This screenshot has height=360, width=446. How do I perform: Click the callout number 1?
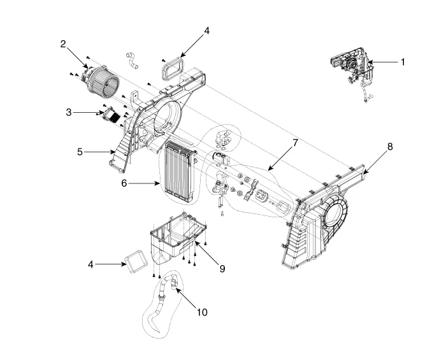click(x=403, y=62)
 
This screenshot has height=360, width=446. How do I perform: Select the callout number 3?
click(x=69, y=112)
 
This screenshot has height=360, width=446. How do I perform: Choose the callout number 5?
click(x=80, y=152)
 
